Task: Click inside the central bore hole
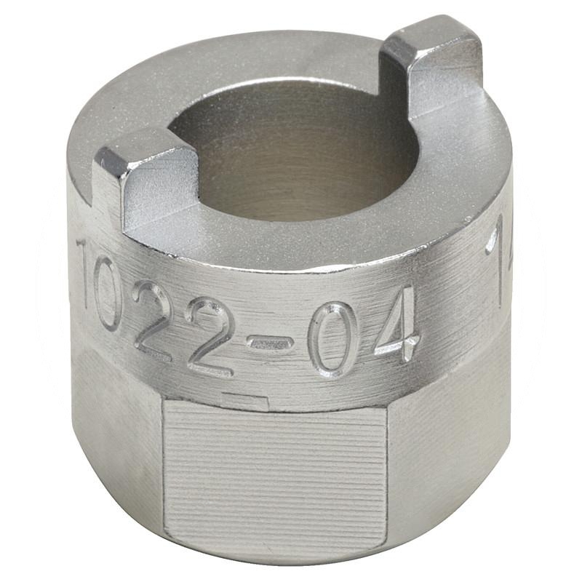pos(291,153)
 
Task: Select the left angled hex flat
pos(116,429)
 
